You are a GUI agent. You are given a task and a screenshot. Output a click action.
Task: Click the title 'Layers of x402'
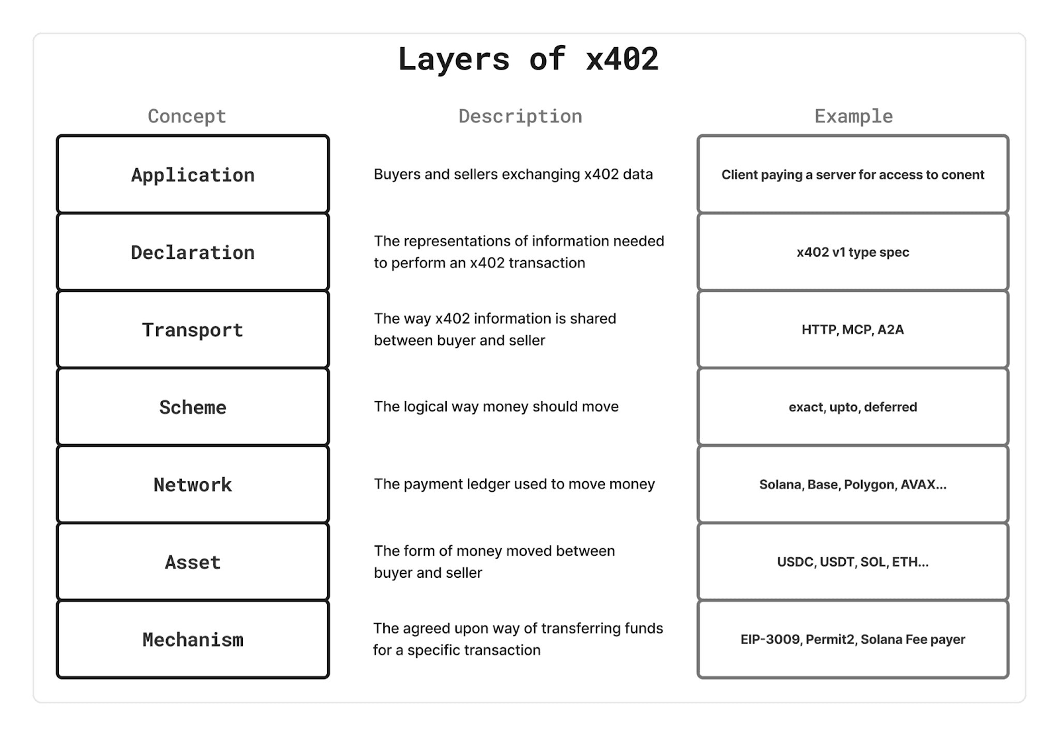tap(528, 60)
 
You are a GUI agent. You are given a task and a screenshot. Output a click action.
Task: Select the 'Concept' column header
tap(187, 116)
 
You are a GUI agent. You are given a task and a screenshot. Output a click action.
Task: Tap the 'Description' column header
tap(520, 116)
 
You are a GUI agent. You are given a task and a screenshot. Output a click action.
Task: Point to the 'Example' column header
tap(853, 116)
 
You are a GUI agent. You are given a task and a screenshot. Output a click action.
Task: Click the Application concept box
tap(193, 175)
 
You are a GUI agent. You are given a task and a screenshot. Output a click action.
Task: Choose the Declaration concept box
tap(193, 252)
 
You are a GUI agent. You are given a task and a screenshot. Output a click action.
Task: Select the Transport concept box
tap(193, 330)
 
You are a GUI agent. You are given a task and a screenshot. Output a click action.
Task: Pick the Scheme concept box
tap(193, 407)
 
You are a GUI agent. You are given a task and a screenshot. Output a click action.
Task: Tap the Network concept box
tap(193, 484)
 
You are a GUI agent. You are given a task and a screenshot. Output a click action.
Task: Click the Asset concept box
tap(193, 562)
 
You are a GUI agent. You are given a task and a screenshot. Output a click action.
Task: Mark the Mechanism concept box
tap(193, 639)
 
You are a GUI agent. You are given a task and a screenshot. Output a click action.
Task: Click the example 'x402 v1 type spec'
tap(852, 252)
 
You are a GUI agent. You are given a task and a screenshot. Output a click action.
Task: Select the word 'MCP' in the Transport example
tap(857, 330)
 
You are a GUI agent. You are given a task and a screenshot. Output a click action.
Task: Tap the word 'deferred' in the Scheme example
tap(890, 407)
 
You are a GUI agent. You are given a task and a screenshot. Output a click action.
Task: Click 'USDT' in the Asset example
tap(837, 562)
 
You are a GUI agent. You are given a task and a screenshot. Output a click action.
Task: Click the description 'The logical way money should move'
tap(496, 406)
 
